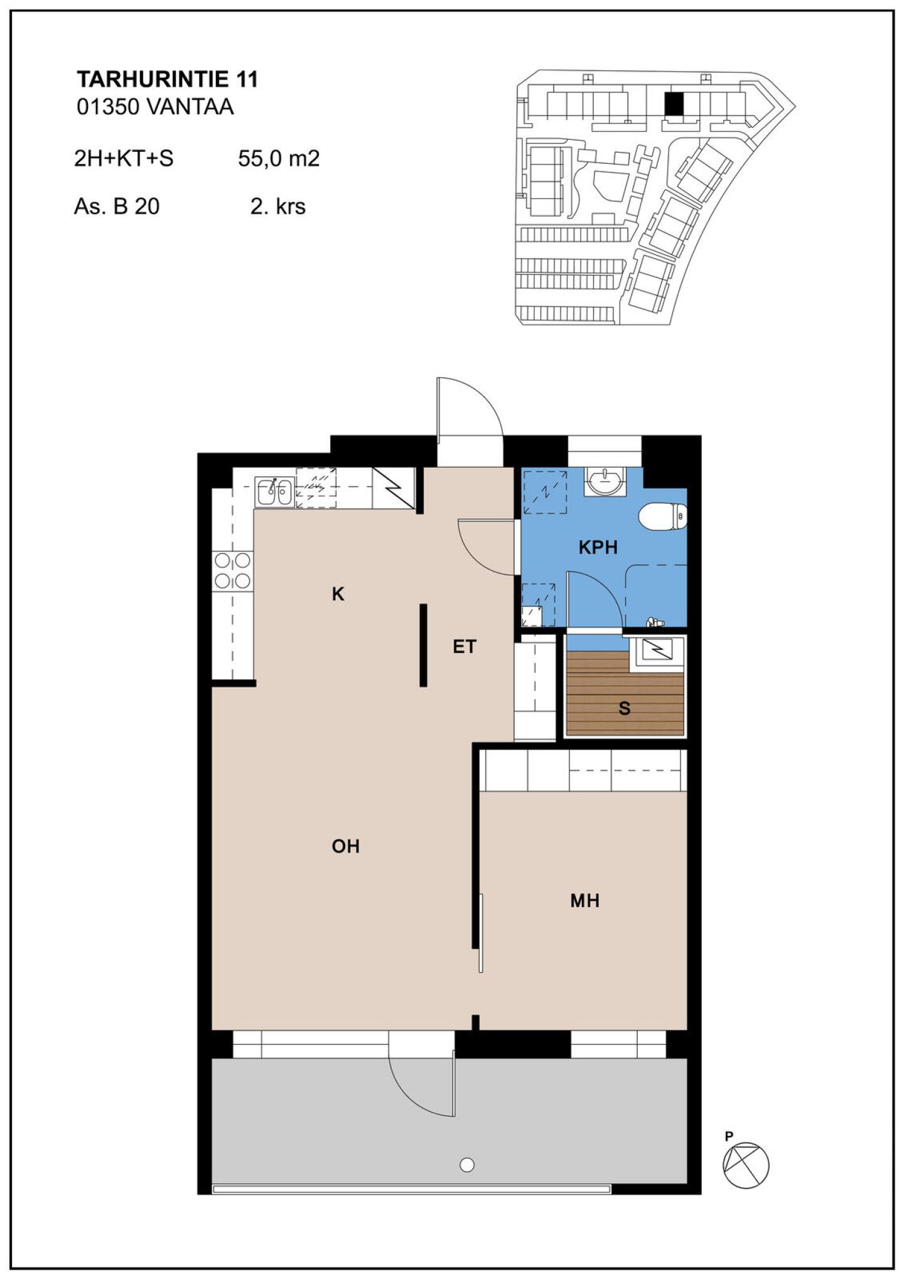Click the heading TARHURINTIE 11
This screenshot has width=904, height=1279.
click(167, 80)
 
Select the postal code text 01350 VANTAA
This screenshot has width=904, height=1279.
click(155, 107)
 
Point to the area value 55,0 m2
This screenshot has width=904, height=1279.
click(279, 158)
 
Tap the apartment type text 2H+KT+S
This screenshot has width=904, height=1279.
click(124, 158)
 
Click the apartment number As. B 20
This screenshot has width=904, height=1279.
click(117, 207)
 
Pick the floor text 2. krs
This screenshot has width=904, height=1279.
click(277, 207)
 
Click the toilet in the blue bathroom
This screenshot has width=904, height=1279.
click(663, 517)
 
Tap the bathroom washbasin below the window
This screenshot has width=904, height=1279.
click(605, 482)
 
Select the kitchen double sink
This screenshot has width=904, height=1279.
click(274, 492)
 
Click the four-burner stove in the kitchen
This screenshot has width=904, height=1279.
click(232, 570)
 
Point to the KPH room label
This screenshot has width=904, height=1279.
click(598, 548)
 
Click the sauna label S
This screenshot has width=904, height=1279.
click(624, 708)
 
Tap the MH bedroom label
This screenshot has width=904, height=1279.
click(584, 901)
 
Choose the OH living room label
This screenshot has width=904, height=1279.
click(345, 846)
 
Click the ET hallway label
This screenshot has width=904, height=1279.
click(465, 647)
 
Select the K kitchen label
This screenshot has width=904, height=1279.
click(338, 594)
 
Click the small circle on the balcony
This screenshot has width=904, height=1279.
click(467, 1165)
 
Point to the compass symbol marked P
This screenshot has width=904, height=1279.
click(745, 1165)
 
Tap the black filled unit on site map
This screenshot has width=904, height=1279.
click(674, 104)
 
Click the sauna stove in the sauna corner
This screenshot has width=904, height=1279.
click(657, 652)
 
